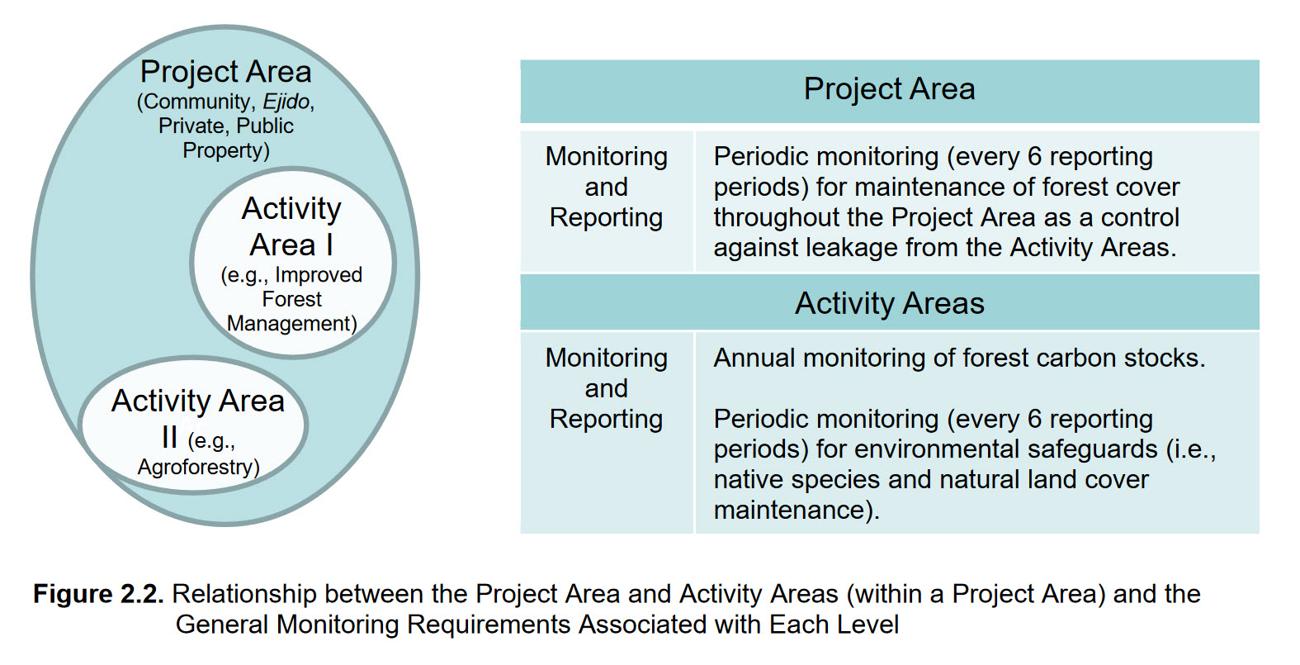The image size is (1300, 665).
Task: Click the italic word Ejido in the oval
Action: coord(286,102)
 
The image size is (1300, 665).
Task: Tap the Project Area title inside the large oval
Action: coord(225,72)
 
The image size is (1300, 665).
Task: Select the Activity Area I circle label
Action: coord(291,226)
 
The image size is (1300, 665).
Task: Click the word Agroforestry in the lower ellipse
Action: coord(198,468)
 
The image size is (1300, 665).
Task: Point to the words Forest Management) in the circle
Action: coord(291,311)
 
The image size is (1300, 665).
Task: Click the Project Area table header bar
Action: coord(889,89)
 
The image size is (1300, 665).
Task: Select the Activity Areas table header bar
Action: coord(889,303)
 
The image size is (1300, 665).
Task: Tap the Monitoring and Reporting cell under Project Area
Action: coord(606,188)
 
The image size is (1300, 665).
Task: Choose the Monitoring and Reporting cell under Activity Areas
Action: coord(606,388)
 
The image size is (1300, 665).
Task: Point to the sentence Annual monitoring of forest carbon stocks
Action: coord(959,358)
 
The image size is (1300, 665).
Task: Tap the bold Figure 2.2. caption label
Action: coord(98,594)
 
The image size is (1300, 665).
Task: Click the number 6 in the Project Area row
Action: coord(1034,157)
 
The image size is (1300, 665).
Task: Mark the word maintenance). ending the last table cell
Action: coord(796,511)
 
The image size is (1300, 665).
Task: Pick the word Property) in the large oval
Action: coord(225,151)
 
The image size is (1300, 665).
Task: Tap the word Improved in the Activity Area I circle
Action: coord(319,275)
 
